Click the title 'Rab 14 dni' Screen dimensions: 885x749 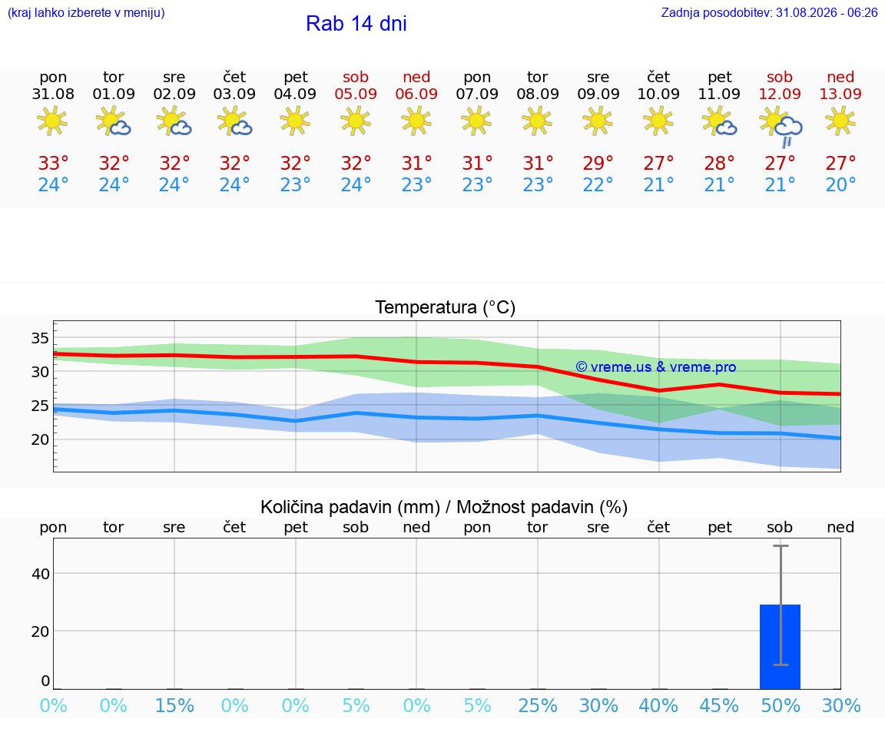click(x=356, y=24)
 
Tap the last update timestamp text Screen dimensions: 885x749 click(x=769, y=12)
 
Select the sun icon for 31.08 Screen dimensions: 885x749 click(x=52, y=121)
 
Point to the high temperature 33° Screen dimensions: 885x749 click(x=53, y=163)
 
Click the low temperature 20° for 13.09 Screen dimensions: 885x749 click(x=840, y=184)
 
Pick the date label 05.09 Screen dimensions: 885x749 click(x=356, y=94)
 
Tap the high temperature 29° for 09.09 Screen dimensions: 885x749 click(x=598, y=163)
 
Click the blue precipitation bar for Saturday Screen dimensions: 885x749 click(x=780, y=647)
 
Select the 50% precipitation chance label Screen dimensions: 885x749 click(x=781, y=705)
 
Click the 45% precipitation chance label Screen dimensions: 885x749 click(x=719, y=705)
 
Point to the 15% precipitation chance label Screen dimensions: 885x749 click(x=174, y=705)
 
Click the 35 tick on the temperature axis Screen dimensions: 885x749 click(x=40, y=338)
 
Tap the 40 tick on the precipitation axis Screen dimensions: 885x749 click(x=41, y=574)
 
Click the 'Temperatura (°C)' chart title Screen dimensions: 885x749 click(x=446, y=307)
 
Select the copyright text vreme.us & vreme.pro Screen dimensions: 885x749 click(x=656, y=367)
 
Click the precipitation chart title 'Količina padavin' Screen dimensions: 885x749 click(x=350, y=507)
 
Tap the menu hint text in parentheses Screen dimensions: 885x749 click(x=86, y=12)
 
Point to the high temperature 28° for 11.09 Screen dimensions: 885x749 click(x=719, y=163)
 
